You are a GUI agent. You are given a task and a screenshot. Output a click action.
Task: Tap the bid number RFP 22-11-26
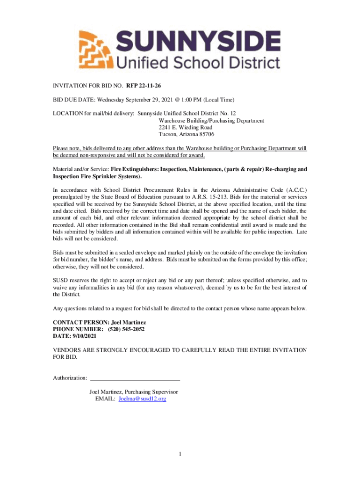(139, 86)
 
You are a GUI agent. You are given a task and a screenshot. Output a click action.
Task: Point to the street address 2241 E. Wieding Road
(186, 127)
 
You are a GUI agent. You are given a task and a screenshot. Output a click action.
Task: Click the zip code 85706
(206, 134)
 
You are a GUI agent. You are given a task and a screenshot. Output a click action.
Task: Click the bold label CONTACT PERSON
(80, 322)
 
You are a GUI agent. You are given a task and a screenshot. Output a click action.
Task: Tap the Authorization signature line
(135, 378)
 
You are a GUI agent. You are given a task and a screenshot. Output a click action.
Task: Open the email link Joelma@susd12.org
(142, 399)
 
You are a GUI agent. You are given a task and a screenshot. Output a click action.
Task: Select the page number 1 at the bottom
(180, 454)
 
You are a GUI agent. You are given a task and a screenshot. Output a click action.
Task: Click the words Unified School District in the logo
(199, 62)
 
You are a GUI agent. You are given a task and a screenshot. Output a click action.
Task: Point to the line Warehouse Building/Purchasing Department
(211, 121)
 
